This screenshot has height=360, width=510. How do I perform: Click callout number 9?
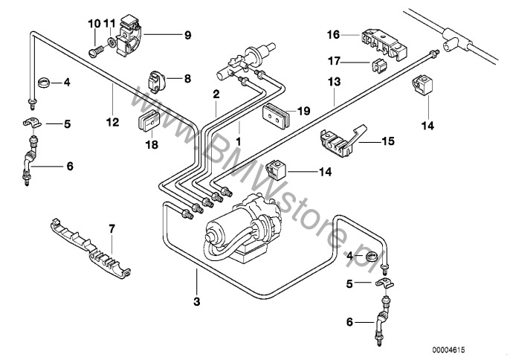tap(187, 34)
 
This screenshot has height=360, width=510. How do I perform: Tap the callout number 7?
tap(112, 229)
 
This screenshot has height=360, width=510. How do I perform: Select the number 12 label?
tap(112, 123)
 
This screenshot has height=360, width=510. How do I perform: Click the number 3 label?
tap(196, 300)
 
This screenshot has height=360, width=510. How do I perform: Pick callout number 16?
tap(332, 34)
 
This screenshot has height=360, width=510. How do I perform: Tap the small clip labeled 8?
tap(158, 77)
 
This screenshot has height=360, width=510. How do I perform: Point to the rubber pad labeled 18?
tap(149, 123)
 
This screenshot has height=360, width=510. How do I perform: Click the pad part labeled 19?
tap(275, 114)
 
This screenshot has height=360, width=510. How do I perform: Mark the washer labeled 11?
tap(109, 45)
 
